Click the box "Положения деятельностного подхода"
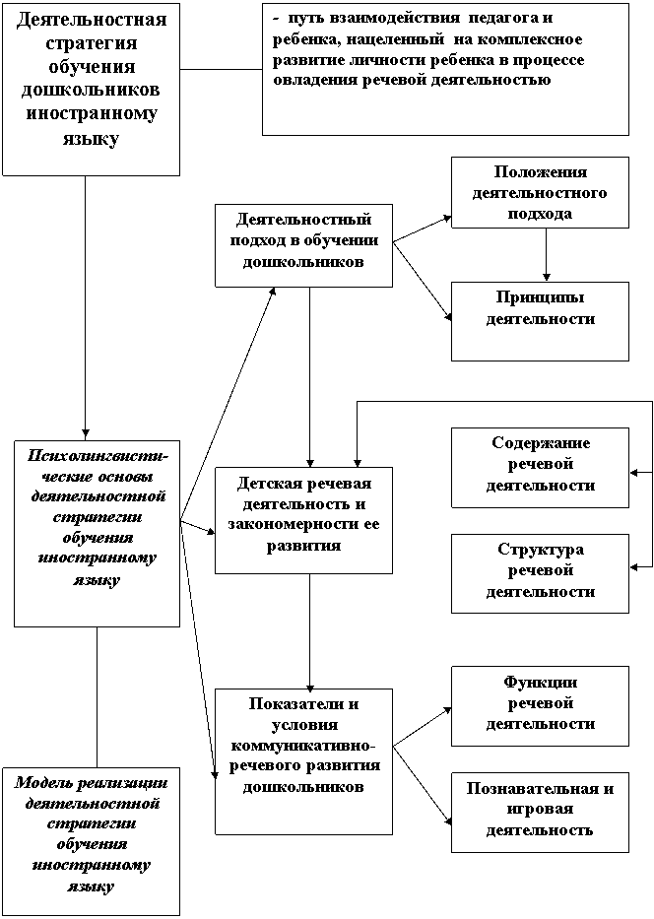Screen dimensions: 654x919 540,192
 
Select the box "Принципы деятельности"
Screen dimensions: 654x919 540,321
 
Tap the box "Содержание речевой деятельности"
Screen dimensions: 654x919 540,468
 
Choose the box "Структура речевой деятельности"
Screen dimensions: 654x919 540,573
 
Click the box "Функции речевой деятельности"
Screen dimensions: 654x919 540,705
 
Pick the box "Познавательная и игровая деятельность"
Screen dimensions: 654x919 540,813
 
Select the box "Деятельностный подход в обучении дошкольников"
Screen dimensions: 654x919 303,245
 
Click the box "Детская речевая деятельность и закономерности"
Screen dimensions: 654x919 303,520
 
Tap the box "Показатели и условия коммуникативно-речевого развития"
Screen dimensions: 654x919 303,761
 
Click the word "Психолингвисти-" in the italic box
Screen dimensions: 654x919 98,456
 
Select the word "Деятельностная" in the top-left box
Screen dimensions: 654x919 92,20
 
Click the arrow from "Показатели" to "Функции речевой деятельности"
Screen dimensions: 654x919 422,728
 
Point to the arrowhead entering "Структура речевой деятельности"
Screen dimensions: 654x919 633,566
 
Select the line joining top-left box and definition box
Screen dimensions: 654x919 221,70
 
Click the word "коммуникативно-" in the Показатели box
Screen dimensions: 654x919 303,746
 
